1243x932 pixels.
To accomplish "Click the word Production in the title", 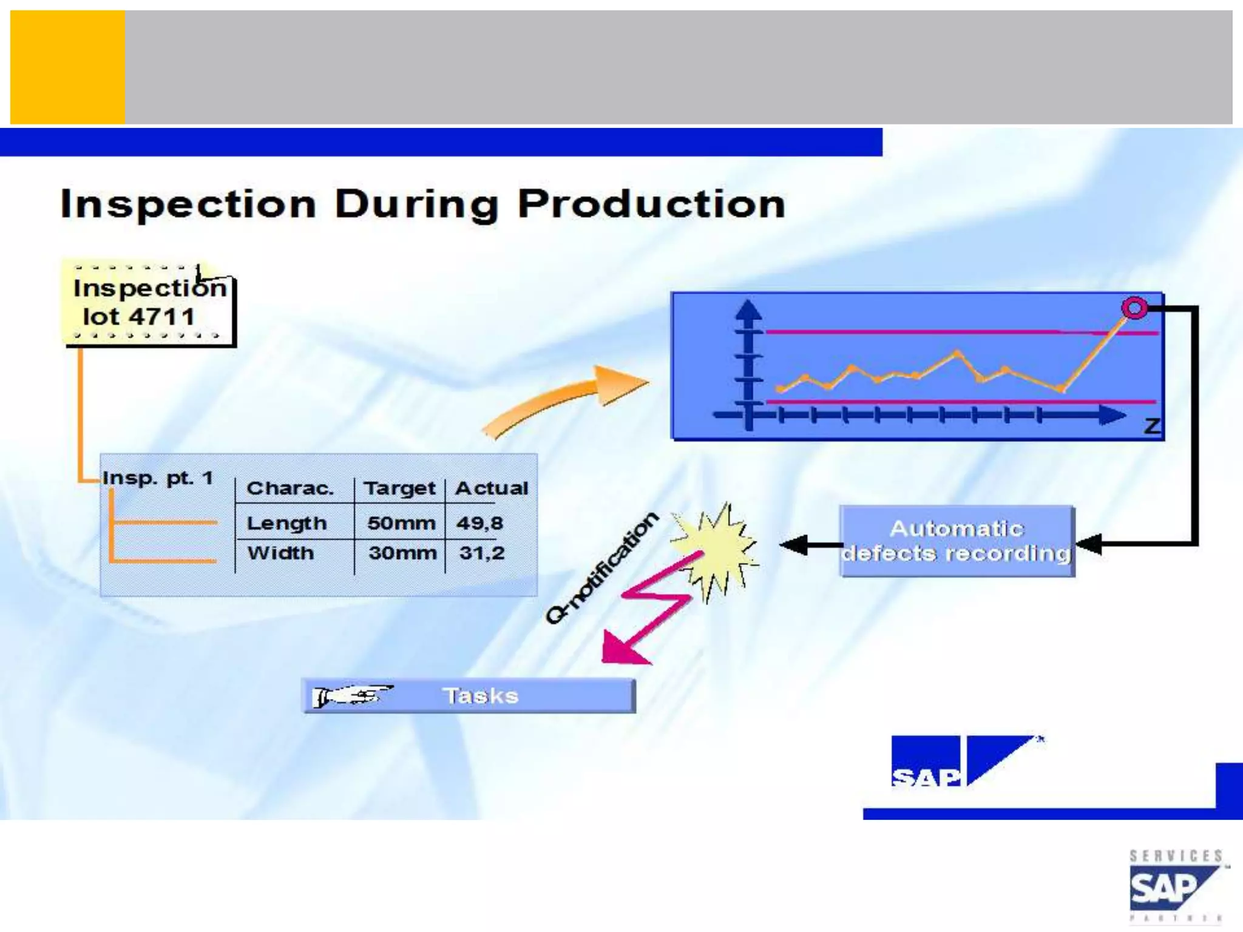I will [x=651, y=204].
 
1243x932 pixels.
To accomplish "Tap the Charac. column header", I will [x=290, y=488].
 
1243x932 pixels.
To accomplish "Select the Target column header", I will [x=399, y=488].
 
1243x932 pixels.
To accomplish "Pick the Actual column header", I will [x=492, y=488].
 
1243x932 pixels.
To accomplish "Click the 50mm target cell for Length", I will [x=401, y=523].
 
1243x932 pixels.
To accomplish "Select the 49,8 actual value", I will [x=479, y=523].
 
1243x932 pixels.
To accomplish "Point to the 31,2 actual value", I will [x=481, y=553].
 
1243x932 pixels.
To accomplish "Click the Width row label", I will [x=280, y=553].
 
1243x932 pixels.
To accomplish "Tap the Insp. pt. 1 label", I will [x=158, y=478].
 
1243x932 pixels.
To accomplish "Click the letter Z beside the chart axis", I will [x=1151, y=426].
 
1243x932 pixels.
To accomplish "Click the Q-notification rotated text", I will [x=601, y=567].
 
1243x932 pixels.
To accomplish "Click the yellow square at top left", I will [x=67, y=67].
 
